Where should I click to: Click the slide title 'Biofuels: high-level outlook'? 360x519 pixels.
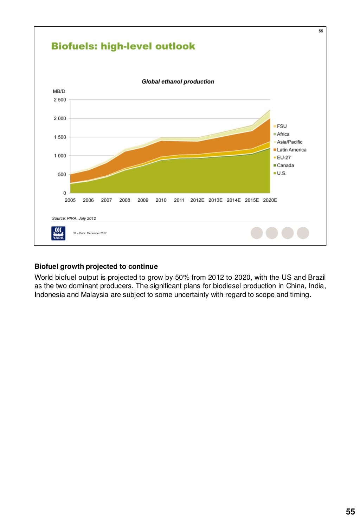[x=123, y=46]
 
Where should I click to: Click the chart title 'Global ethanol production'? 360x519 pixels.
[x=178, y=82]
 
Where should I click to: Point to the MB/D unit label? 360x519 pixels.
[x=59, y=91]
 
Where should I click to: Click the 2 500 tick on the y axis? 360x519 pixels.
[x=60, y=100]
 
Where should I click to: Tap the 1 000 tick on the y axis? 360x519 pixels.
[x=60, y=156]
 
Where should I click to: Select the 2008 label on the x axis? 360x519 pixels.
[x=124, y=200]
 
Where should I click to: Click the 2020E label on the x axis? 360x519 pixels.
[x=270, y=200]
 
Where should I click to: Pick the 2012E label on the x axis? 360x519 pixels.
[x=197, y=200]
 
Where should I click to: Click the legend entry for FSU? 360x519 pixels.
[x=282, y=126]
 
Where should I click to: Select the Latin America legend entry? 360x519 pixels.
[x=291, y=150]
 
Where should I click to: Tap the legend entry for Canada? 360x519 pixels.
[x=285, y=166]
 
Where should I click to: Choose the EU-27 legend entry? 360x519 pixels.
[x=284, y=158]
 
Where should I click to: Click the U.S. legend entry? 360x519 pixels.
[x=281, y=173]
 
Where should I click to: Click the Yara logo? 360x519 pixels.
[x=58, y=233]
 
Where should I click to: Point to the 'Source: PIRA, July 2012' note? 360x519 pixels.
[x=74, y=218]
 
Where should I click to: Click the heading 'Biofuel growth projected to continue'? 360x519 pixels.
[x=96, y=266]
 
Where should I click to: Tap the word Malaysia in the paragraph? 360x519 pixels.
[x=95, y=294]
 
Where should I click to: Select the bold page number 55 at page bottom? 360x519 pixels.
[x=350, y=512]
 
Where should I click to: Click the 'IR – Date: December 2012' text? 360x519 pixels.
[x=90, y=233]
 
